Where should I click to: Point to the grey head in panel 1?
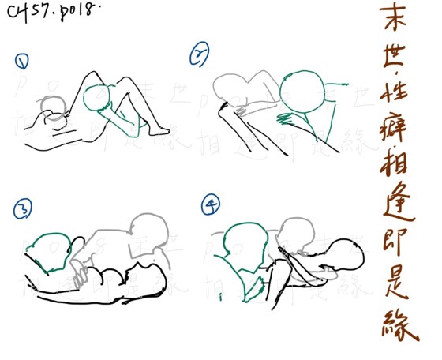[54, 111]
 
